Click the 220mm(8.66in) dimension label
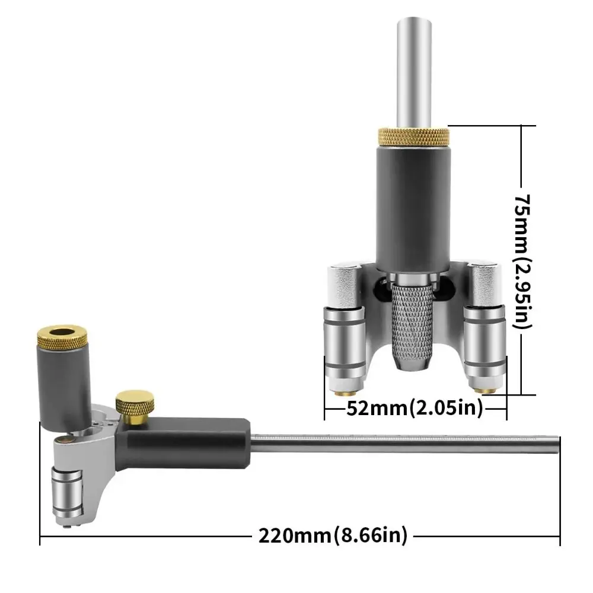[x=333, y=536]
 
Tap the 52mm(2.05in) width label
[x=414, y=408]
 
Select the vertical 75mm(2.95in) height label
[x=523, y=261]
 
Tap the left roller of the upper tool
[x=342, y=338]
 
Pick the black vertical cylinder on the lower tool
[x=62, y=385]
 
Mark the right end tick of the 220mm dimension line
[x=559, y=536]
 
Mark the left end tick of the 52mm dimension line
[x=325, y=408]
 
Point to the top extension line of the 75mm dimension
[x=492, y=126]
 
